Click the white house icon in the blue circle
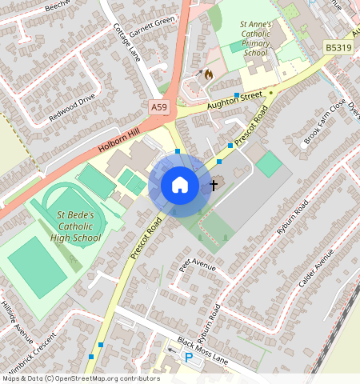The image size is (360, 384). pyautogui.click(x=180, y=186)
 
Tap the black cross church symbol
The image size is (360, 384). pyautogui.click(x=214, y=186)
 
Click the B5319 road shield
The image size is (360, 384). pyautogui.click(x=338, y=49)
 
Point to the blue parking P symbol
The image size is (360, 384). pyautogui.click(x=189, y=358)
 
